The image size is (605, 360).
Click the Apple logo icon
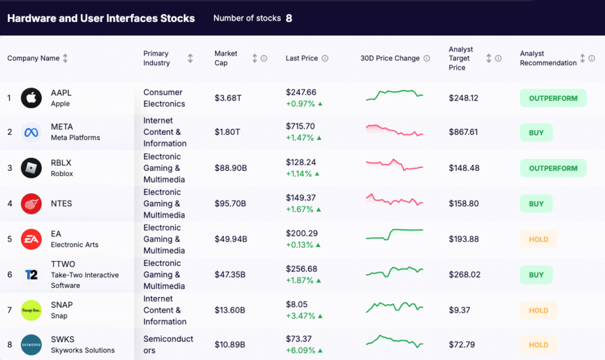(x=31, y=98)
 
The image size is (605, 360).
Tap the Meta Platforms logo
(x=31, y=132)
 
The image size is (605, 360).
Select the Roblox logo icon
(x=31, y=168)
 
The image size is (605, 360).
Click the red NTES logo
(x=31, y=203)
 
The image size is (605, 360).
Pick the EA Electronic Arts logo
(x=31, y=239)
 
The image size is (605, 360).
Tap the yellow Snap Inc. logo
(x=31, y=310)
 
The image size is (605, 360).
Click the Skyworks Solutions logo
(x=31, y=345)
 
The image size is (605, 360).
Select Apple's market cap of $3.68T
(x=228, y=98)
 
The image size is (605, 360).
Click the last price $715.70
(x=300, y=127)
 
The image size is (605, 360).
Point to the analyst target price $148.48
(x=464, y=168)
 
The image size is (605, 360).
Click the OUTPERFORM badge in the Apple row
(x=553, y=98)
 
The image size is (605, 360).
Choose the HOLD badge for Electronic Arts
(x=538, y=239)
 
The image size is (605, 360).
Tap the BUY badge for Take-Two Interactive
(x=536, y=275)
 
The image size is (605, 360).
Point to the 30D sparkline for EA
(x=394, y=235)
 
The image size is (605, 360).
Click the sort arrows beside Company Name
(x=66, y=59)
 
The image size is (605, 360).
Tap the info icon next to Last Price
(x=325, y=59)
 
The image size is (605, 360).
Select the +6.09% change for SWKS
(x=301, y=351)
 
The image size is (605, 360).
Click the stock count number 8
(x=289, y=18)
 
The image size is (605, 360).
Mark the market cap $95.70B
(x=230, y=203)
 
